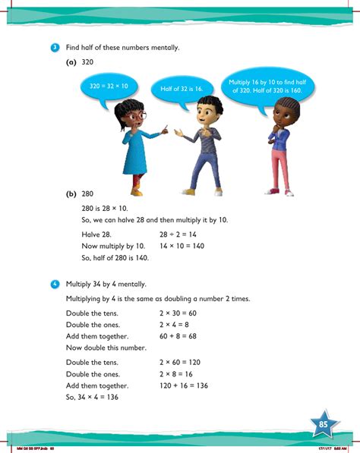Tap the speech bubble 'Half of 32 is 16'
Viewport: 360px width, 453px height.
tap(181, 89)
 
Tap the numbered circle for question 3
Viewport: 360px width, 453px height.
tap(55, 48)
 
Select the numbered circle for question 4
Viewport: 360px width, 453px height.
tap(55, 284)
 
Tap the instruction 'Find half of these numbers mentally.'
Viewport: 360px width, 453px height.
tap(122, 48)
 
